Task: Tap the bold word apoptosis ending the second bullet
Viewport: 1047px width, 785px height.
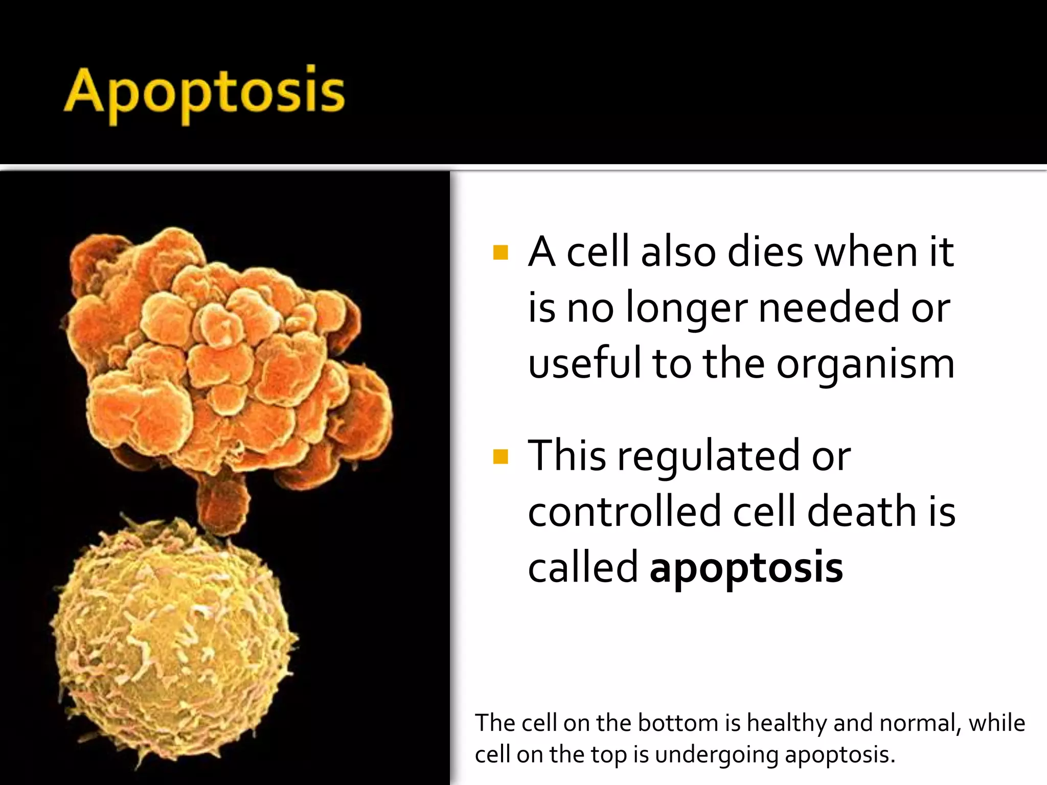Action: (746, 568)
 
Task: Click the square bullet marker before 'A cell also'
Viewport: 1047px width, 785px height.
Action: (500, 252)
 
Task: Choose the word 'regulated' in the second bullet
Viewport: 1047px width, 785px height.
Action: (708, 456)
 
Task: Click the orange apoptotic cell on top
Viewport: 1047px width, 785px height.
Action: (230, 358)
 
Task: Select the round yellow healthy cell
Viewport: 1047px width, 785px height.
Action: (174, 644)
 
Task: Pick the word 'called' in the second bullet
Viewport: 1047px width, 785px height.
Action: (583, 568)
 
